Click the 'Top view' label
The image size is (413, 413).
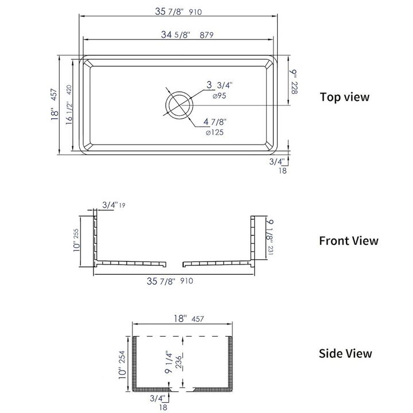pos(344,97)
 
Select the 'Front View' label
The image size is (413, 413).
pos(349,240)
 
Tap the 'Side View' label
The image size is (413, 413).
pos(345,354)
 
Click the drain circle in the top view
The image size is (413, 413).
pos(179,104)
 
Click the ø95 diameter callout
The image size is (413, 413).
pos(219,96)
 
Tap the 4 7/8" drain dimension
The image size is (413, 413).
pos(216,122)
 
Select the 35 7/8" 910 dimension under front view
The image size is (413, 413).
pos(170,281)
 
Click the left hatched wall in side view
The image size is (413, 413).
pos(136,364)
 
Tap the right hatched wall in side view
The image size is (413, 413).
pos(232,364)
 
